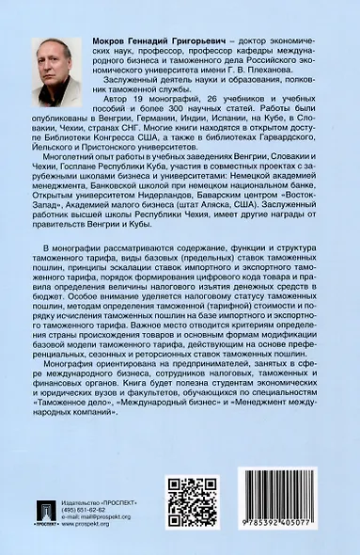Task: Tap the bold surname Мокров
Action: (x=125, y=43)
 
